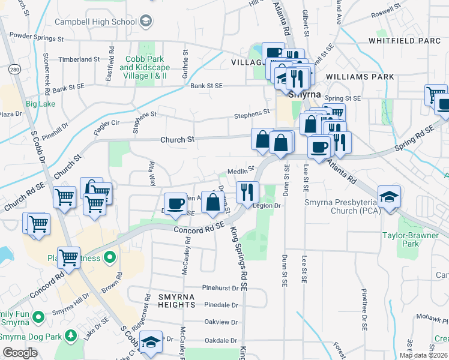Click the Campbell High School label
[x=95, y=22]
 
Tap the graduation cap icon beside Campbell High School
[x=145, y=22]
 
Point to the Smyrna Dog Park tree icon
[x=71, y=335]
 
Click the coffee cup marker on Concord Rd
[x=175, y=205]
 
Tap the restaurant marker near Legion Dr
[x=247, y=193]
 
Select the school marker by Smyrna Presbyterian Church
[x=390, y=197]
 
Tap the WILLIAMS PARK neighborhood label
[x=360, y=77]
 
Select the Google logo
[x=20, y=353]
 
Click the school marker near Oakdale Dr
[x=151, y=343]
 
